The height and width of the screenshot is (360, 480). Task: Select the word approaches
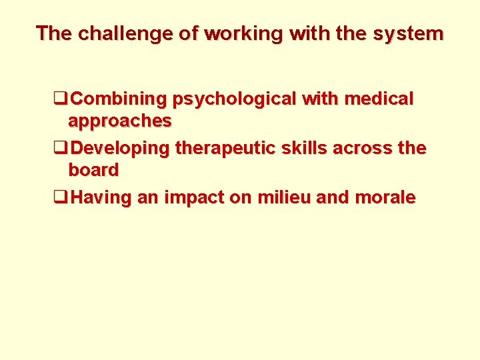pyautogui.click(x=120, y=121)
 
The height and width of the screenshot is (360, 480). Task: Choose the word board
pyautogui.click(x=93, y=170)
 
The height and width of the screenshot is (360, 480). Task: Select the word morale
pyautogui.click(x=385, y=197)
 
